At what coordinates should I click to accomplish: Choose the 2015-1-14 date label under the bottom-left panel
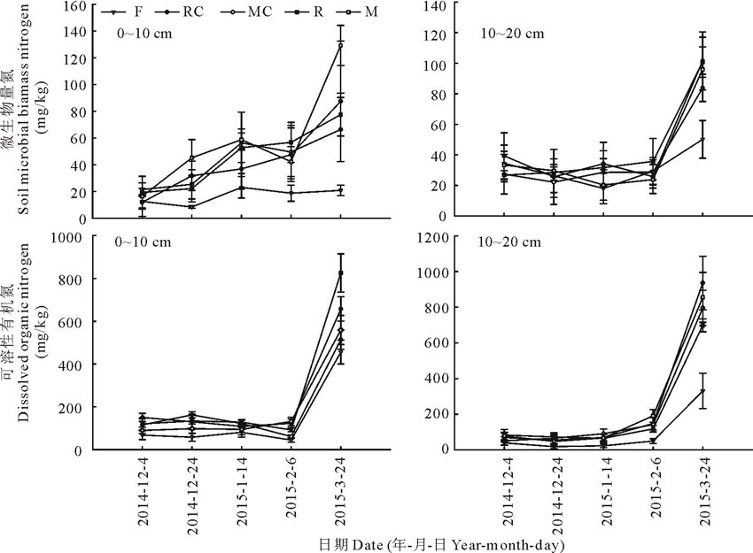(243, 492)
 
